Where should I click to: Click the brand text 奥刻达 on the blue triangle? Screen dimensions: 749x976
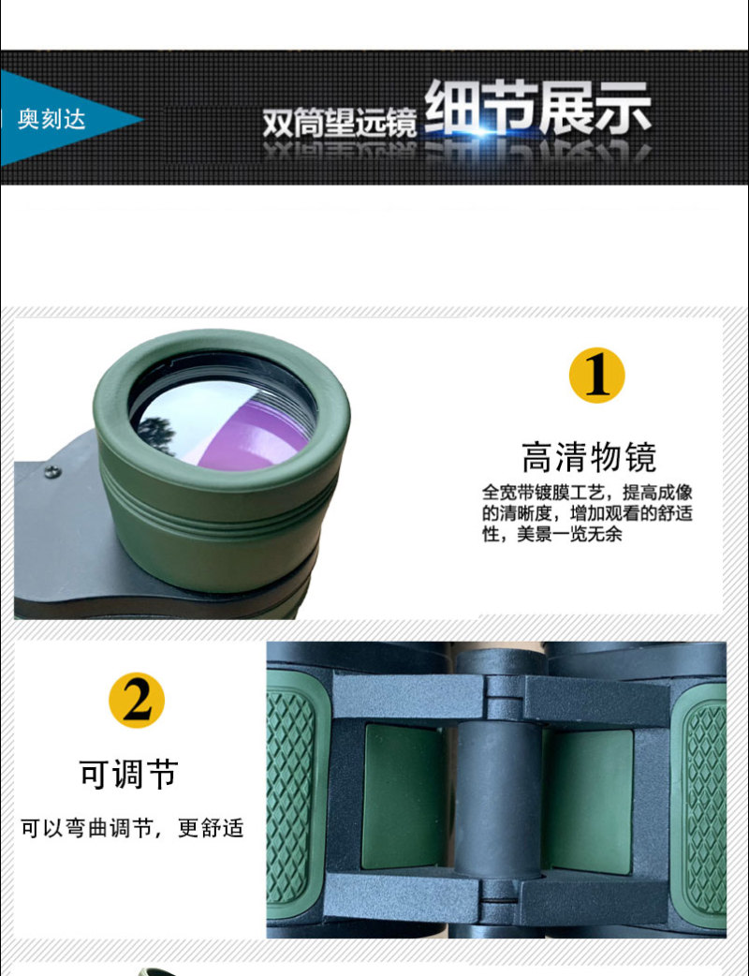[x=51, y=119]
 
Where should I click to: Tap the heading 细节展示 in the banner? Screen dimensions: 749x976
[x=537, y=109]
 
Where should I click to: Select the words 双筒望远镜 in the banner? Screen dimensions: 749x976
[x=339, y=122]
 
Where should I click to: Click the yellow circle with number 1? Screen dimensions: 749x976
[x=596, y=376]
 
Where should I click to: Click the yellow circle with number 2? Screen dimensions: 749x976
[x=137, y=701]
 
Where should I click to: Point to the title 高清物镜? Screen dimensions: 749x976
[x=589, y=457]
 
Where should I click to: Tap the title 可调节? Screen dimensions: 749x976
[x=129, y=774]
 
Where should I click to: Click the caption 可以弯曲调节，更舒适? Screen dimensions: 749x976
[x=132, y=829]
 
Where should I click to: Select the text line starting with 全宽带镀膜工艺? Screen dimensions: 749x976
[x=587, y=493]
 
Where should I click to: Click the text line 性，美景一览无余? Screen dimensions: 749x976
[x=551, y=534]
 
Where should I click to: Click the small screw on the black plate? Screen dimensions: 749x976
[x=52, y=472]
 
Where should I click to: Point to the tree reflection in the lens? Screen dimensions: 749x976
[x=155, y=433]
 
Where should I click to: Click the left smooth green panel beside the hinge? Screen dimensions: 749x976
[x=404, y=797]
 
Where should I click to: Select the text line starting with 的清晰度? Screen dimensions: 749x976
[x=587, y=513]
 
